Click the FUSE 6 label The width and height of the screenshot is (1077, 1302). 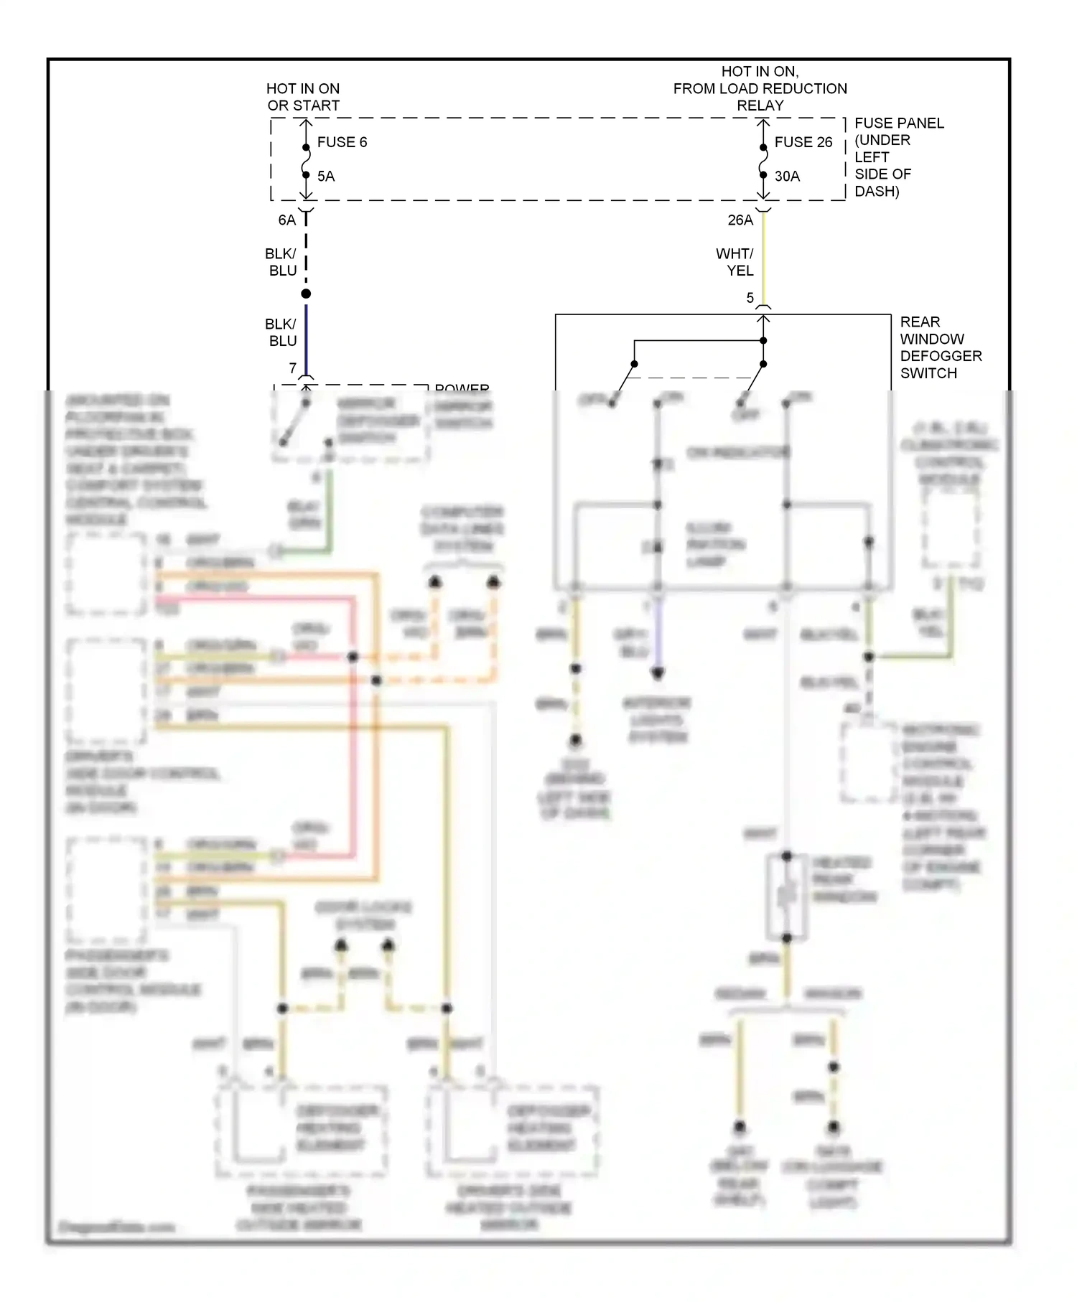(x=342, y=142)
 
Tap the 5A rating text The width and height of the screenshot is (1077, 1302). (x=326, y=177)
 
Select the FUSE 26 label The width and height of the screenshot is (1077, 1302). (x=803, y=142)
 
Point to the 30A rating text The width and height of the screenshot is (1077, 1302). (x=787, y=177)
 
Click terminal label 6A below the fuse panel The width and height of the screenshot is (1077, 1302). (x=286, y=220)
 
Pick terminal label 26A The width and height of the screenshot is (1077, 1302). (x=740, y=220)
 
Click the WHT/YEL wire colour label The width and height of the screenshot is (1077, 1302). (x=735, y=262)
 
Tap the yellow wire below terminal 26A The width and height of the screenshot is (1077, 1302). (x=763, y=258)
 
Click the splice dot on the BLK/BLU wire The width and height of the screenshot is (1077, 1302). (x=306, y=294)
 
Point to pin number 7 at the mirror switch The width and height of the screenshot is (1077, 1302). (x=292, y=368)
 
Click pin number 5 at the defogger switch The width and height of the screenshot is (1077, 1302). (x=750, y=298)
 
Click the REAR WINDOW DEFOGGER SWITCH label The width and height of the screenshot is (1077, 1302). (x=940, y=347)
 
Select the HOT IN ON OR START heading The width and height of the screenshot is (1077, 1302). (x=303, y=97)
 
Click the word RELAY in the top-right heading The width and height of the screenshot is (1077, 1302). (x=760, y=106)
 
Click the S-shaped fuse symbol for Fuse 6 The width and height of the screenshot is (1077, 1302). (x=306, y=161)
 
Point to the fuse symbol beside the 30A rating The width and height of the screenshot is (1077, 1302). (x=763, y=161)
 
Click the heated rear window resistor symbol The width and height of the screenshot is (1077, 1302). (x=786, y=896)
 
